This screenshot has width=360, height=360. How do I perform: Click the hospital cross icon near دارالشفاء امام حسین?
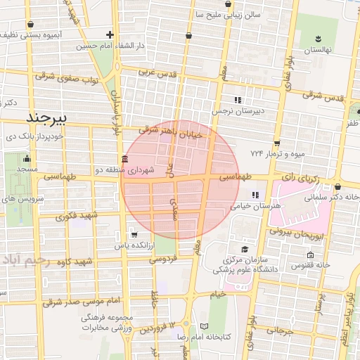click(x=110, y=34)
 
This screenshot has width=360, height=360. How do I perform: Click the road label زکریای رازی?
click(x=300, y=180)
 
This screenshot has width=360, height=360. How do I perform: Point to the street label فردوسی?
click(x=162, y=259)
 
